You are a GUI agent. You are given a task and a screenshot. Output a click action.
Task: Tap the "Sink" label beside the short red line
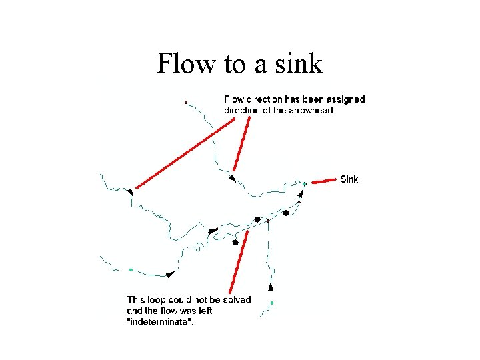pyautogui.click(x=349, y=179)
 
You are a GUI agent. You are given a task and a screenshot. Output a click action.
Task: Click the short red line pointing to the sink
pyautogui.click(x=323, y=180)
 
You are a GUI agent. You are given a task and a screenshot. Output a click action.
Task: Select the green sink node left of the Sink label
pyautogui.click(x=304, y=183)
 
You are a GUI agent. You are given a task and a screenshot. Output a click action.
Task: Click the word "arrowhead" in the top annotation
pyautogui.click(x=310, y=111)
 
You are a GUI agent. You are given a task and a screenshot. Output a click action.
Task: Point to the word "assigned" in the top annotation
pyautogui.click(x=341, y=99)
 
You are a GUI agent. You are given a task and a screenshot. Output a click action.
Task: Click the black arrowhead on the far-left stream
pyautogui.click(x=130, y=191)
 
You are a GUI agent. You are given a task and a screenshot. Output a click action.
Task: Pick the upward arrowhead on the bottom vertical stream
pyautogui.click(x=271, y=287)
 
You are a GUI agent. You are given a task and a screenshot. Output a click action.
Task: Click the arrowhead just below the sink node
pyautogui.click(x=300, y=194)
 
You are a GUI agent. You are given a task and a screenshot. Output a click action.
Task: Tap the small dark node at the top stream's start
pyautogui.click(x=185, y=102)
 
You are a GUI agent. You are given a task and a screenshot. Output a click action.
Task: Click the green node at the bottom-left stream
pyautogui.click(x=131, y=270)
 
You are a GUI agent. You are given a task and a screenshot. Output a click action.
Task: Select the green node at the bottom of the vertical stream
pyautogui.click(x=271, y=303)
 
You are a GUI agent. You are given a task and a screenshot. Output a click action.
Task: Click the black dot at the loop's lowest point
pyautogui.click(x=235, y=243)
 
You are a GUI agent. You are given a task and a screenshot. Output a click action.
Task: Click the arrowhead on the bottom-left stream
pyautogui.click(x=169, y=274)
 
